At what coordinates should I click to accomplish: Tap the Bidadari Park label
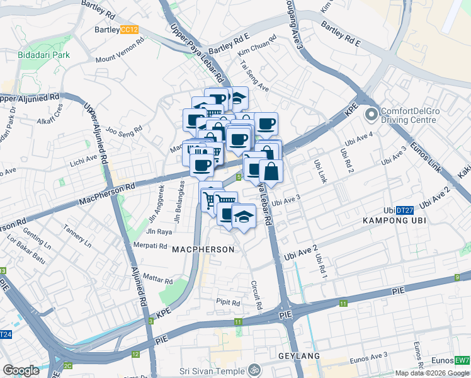click(44, 55)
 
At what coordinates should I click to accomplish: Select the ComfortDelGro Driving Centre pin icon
click(372, 114)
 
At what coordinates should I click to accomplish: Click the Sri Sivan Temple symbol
click(254, 369)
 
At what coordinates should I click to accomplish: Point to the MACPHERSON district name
click(203, 250)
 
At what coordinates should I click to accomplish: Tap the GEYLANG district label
click(299, 356)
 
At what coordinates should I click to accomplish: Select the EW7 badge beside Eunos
click(462, 360)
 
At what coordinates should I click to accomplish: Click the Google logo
click(21, 370)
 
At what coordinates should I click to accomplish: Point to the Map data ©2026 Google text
click(432, 373)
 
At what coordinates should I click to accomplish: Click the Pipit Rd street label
click(228, 303)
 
